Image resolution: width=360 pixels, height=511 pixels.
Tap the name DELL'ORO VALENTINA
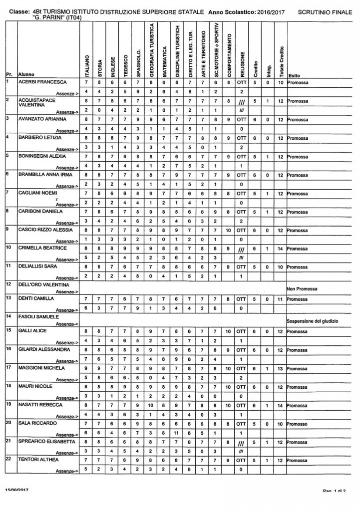coord(43,284)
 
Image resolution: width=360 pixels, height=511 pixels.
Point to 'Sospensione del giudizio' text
coord(315,321)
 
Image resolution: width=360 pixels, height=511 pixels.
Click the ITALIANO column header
coord(86,63)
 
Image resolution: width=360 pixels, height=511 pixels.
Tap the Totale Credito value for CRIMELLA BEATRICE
coord(282,248)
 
